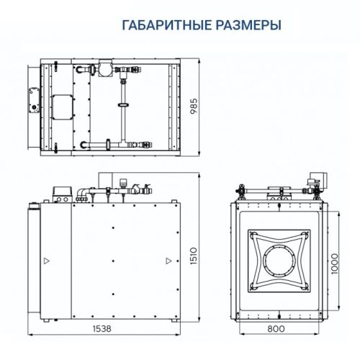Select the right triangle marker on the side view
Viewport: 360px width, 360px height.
(x=168, y=259)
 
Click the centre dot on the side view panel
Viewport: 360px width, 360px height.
(x=113, y=259)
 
